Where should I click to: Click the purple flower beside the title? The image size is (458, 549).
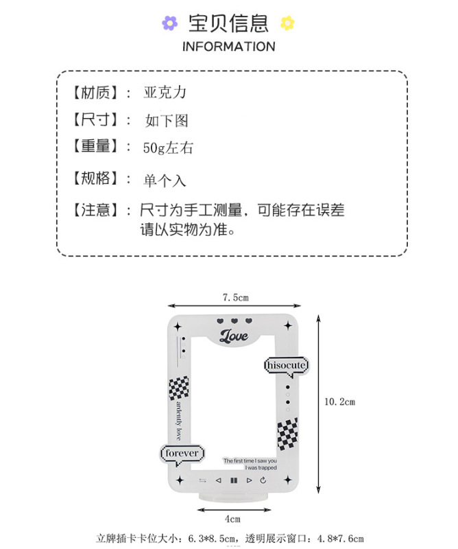tap(169, 23)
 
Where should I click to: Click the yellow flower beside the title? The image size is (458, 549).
tap(287, 23)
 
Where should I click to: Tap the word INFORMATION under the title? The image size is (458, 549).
tap(228, 47)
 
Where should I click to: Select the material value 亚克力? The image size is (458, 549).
tap(165, 92)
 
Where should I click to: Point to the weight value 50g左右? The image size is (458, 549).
tap(168, 148)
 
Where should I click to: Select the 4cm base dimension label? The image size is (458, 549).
tap(233, 519)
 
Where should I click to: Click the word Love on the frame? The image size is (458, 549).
tap(234, 336)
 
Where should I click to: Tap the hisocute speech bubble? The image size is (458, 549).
tap(286, 365)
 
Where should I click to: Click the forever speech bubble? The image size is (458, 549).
tap(182, 454)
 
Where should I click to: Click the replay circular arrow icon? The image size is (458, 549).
tap(263, 480)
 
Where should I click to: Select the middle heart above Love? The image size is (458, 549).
tap(234, 320)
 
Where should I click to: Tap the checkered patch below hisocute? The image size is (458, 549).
tap(287, 434)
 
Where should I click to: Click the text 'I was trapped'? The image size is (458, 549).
tap(261, 468)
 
